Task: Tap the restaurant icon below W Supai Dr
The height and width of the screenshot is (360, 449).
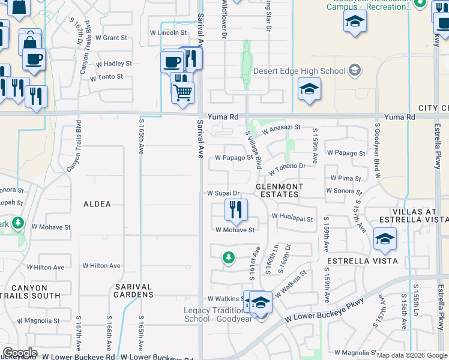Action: coord(236,209)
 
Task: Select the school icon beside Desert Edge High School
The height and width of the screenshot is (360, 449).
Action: coord(309,89)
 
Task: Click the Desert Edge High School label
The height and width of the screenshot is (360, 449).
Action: coord(300,71)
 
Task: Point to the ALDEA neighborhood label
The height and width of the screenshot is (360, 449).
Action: coord(97,204)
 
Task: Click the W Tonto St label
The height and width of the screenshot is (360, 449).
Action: coord(106,77)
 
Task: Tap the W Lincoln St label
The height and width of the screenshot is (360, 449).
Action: coord(164,33)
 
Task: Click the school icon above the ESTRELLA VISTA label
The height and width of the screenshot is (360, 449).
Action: coord(385,239)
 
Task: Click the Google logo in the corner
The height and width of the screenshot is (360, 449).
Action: coord(20,353)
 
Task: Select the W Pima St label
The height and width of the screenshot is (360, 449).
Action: coord(346,179)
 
